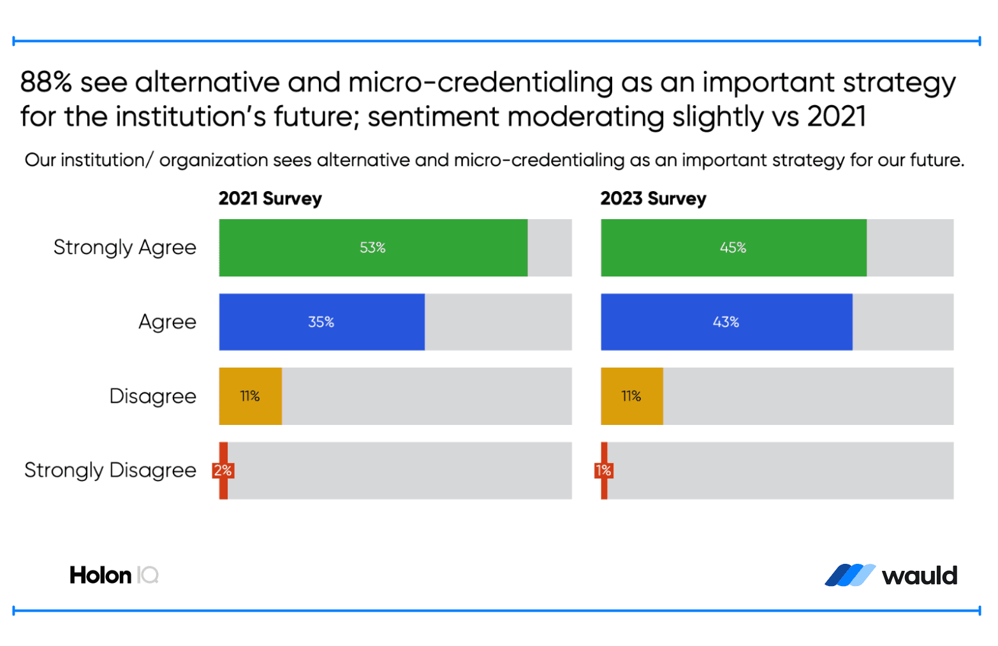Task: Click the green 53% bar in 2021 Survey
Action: coord(373,248)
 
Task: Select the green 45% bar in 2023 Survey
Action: coord(733,248)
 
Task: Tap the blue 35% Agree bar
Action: coord(321,322)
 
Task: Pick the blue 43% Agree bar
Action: coord(726,322)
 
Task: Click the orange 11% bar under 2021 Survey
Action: coord(250,396)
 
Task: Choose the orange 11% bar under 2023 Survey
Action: coord(631,396)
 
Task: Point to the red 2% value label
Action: coord(223,471)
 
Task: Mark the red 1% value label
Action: coord(603,471)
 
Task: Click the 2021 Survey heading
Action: coord(270,199)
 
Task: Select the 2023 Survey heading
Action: coord(653,199)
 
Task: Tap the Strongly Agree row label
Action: coord(125,247)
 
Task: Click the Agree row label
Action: coord(167,322)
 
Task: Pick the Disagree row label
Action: coord(152,396)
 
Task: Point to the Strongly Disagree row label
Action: coord(110,470)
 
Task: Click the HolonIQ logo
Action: coord(114,575)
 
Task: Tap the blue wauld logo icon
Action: coord(849,575)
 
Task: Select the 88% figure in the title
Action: coord(46,83)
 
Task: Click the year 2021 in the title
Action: coord(836,117)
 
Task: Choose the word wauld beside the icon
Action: coord(919,576)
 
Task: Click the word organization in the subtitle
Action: coord(214,160)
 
